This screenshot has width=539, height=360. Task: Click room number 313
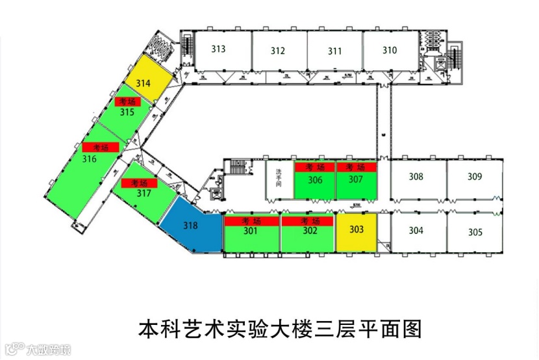click(x=218, y=49)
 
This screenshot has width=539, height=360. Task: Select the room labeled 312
click(x=278, y=51)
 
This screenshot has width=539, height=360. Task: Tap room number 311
click(x=334, y=51)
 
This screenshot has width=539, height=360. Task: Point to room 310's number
click(x=389, y=50)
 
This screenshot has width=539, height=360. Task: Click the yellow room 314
click(x=144, y=83)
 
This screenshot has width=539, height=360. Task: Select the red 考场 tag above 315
click(x=127, y=102)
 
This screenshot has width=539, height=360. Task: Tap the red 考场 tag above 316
click(x=100, y=148)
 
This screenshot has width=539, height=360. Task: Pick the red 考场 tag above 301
click(x=251, y=222)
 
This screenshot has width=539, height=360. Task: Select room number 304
click(x=416, y=230)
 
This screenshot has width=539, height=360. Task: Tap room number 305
click(x=475, y=232)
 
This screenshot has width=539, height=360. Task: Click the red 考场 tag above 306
click(x=314, y=168)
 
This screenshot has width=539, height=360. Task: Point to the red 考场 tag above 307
click(x=356, y=168)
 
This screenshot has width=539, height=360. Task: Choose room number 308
click(x=416, y=176)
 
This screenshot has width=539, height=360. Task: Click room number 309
click(x=475, y=176)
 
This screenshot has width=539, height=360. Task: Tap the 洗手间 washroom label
click(x=279, y=179)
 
